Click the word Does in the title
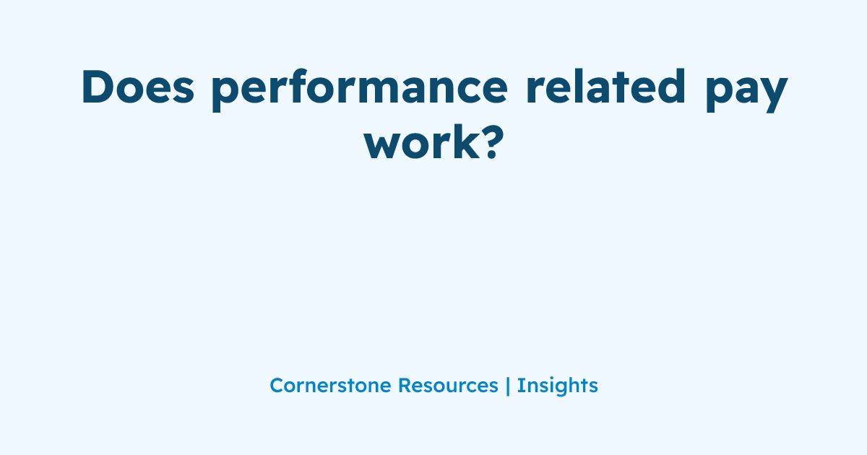137,87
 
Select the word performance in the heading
360,90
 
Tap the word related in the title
605,87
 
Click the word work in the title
422,142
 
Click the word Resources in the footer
448,386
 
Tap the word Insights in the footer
557,386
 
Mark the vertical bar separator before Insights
508,386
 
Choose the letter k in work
468,142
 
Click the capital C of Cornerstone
277,386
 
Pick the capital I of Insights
519,386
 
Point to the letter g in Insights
558,389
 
